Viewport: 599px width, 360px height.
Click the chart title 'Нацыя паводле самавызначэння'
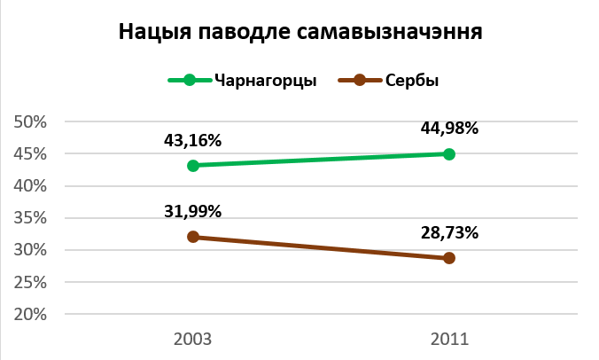(299, 34)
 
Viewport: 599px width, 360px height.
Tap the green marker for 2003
(192, 166)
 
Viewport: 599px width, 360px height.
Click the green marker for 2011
(449, 154)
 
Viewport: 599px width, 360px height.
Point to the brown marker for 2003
(192, 238)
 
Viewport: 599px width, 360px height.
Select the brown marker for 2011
(449, 258)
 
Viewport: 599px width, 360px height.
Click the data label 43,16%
(192, 140)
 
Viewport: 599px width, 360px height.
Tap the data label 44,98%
(449, 128)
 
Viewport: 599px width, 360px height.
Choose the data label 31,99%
(192, 211)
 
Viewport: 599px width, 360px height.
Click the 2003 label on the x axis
(192, 339)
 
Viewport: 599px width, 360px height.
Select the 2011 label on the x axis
(449, 339)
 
